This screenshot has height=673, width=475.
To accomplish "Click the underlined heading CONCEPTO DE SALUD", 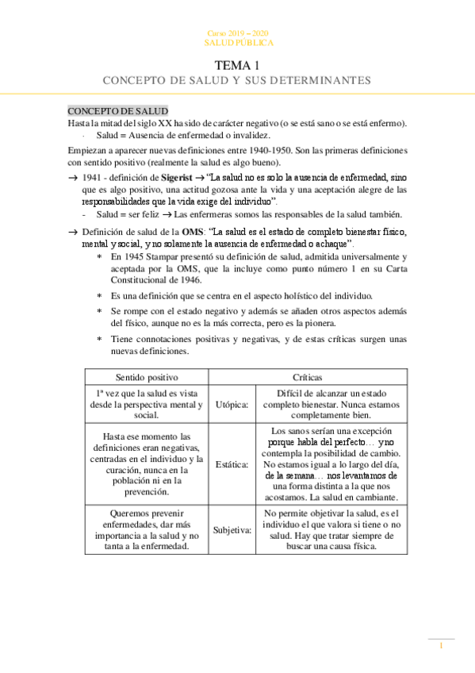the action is click(117, 110).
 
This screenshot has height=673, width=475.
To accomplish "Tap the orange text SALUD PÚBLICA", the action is click(237, 41).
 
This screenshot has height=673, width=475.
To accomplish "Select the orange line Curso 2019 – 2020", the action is click(237, 33).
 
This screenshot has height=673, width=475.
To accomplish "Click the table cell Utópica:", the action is click(232, 405).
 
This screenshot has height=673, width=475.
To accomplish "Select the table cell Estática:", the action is click(232, 464).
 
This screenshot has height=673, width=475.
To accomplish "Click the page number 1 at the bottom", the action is click(441, 646).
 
